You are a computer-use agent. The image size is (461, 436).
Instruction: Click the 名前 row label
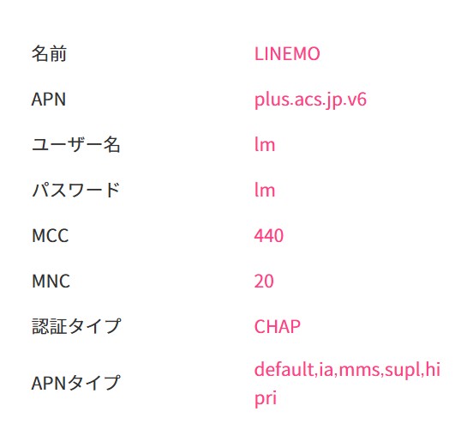[49, 54]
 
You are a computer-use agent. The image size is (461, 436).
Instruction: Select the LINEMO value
[287, 54]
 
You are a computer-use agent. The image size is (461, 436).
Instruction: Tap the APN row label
[49, 100]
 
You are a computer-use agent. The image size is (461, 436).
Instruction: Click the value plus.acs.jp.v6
[310, 100]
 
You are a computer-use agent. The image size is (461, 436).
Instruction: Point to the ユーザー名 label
[76, 144]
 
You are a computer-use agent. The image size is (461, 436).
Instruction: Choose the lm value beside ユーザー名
[265, 144]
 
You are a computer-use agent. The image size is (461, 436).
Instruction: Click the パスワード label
[76, 190]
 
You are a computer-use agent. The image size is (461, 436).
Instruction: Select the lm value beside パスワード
[265, 190]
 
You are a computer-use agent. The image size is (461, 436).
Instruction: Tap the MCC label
[50, 235]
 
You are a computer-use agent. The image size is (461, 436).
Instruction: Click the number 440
[269, 235]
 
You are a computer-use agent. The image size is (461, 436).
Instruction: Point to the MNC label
[51, 281]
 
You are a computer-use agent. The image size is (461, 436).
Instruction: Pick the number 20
[264, 281]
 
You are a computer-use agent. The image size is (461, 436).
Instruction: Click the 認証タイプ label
[76, 326]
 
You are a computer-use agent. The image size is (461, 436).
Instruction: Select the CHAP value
[278, 326]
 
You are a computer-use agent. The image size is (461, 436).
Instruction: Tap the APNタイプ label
[76, 383]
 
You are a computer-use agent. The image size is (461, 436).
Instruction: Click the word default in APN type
[284, 369]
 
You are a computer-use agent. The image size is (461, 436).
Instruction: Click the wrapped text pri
[265, 398]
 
